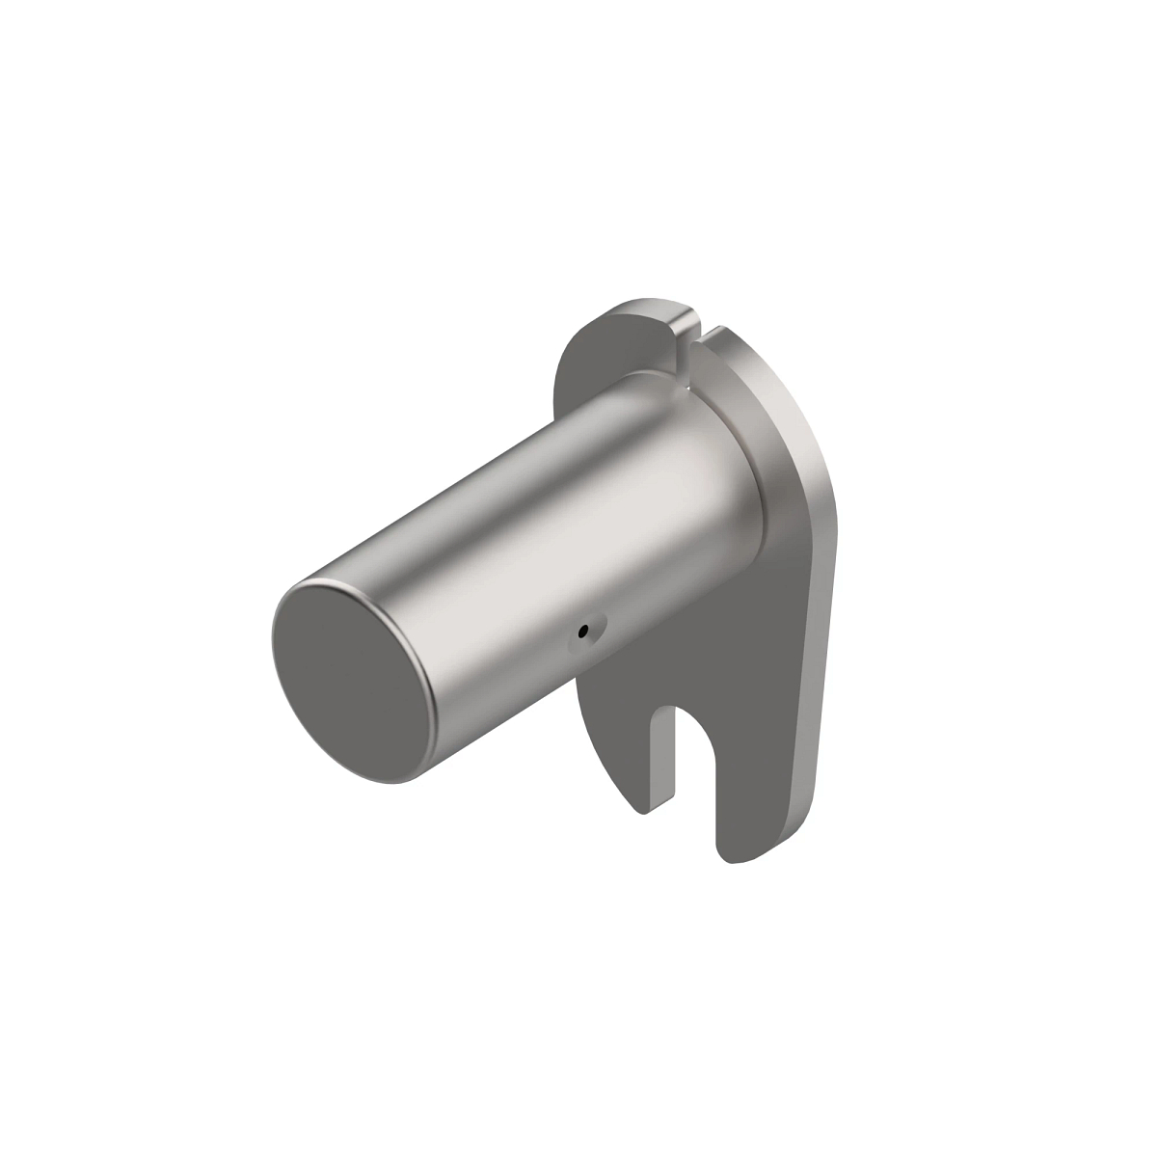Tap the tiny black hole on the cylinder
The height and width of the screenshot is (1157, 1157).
pos(582,632)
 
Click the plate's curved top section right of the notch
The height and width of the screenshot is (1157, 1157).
pos(762,386)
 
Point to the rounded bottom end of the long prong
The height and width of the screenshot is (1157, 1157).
pos(738,853)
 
